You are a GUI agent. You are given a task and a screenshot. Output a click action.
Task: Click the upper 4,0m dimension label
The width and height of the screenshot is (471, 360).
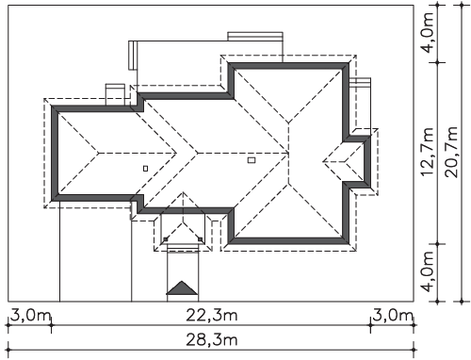pos(428,32)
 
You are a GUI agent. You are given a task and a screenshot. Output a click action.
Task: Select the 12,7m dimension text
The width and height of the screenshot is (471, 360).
pos(428,152)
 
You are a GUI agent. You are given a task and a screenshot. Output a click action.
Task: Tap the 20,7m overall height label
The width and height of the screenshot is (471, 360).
pos(451,152)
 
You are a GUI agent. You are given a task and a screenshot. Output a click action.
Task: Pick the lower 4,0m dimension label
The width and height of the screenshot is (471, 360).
pos(428,271)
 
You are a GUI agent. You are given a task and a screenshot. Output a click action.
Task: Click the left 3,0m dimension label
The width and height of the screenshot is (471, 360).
pos(31,315)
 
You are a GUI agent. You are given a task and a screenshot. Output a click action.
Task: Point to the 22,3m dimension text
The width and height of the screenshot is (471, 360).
pos(212,315)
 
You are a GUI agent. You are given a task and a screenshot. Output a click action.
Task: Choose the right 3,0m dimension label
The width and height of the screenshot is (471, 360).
pos(393,315)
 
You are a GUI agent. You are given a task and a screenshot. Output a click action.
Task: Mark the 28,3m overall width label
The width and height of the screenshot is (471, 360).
pos(212,339)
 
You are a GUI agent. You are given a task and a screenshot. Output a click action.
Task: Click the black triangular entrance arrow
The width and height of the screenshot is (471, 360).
pos(182,288)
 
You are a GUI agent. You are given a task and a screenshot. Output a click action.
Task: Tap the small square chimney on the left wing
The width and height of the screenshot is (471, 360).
pos(145,169)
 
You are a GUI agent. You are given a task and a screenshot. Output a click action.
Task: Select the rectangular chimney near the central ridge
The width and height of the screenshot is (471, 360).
pos(252,160)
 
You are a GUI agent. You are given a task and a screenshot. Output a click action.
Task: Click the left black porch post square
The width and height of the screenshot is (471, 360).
pos(166,239)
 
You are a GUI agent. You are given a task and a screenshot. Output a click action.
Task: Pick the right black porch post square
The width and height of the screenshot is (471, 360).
pos(201,239)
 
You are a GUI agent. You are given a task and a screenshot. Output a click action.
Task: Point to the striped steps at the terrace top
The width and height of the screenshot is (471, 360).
pos(255,36)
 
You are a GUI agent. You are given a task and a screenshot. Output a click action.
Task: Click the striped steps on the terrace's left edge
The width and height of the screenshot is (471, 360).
pos(133,55)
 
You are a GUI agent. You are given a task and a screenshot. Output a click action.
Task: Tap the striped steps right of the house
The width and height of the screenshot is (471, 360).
pos(360,82)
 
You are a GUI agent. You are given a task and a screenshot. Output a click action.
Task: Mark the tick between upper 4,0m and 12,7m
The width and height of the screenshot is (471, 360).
pos(437,62)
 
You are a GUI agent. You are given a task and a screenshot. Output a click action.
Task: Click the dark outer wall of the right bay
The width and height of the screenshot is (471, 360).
pos(367,162)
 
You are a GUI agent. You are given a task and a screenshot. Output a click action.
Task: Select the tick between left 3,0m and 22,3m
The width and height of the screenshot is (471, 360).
pos(52,325)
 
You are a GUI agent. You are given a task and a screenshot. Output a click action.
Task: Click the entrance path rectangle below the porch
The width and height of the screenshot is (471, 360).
pos(183,273)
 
